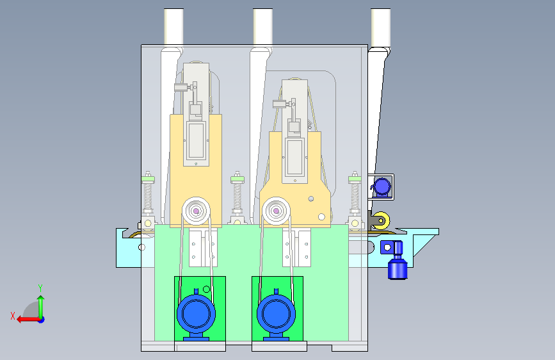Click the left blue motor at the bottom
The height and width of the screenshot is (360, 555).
(x=196, y=315)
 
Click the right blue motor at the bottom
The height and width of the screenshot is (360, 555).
(x=276, y=315)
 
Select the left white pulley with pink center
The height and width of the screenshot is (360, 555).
(x=196, y=211)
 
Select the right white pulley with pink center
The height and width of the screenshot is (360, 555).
(x=276, y=211)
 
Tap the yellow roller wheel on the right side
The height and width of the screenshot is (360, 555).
(x=382, y=221)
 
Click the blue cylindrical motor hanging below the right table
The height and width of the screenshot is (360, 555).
(x=398, y=265)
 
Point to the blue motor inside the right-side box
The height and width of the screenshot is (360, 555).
(x=382, y=187)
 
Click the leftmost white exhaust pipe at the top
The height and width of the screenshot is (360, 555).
(x=173, y=26)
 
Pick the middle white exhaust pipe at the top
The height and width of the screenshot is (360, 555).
(x=262, y=26)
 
